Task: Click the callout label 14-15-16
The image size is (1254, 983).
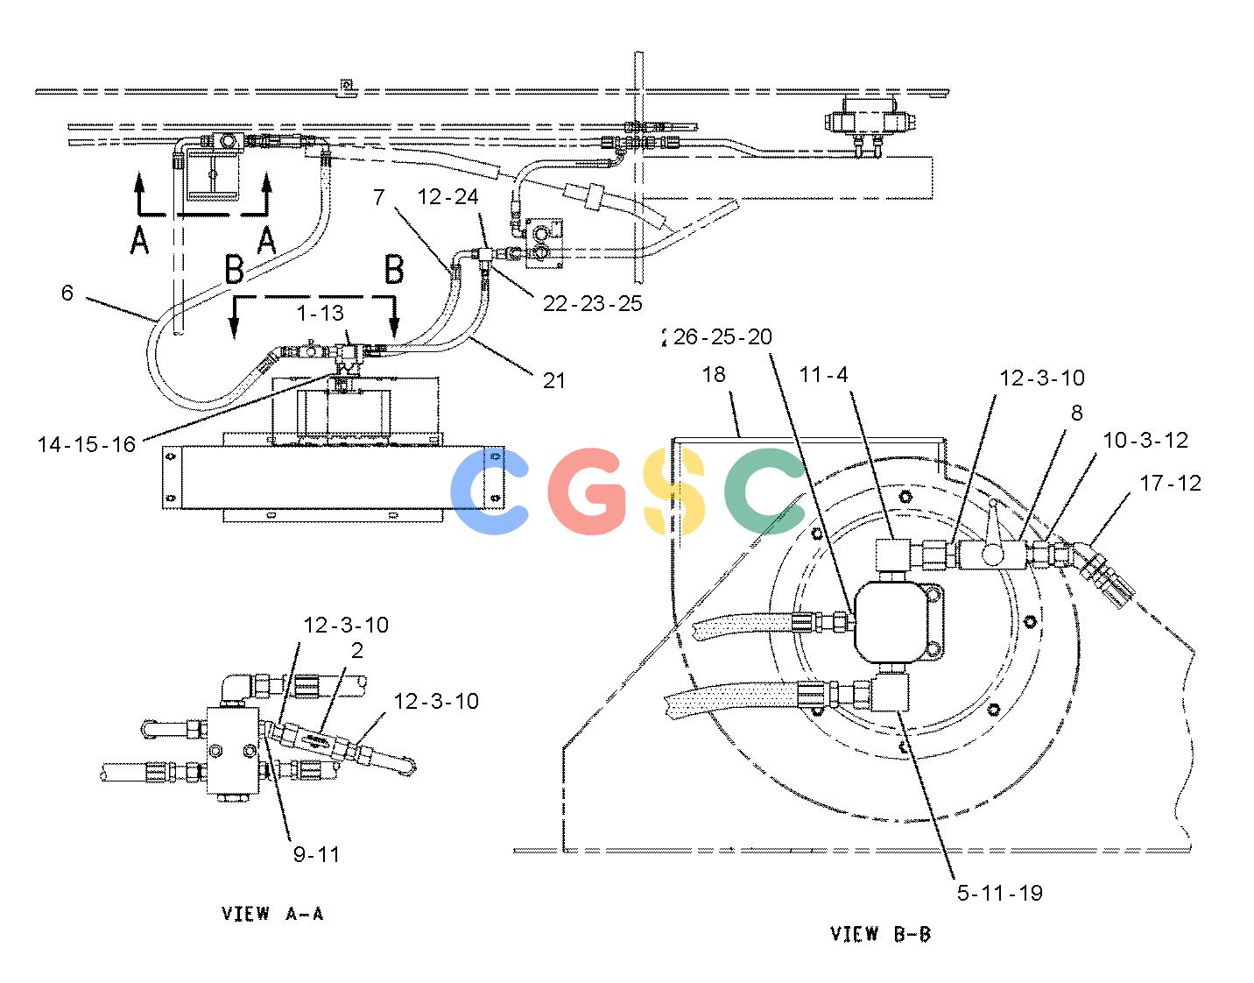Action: (87, 444)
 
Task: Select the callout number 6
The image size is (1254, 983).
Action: (67, 293)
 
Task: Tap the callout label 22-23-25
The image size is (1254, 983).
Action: (593, 303)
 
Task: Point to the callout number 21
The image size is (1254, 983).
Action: (554, 380)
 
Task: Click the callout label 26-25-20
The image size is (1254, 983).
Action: (722, 336)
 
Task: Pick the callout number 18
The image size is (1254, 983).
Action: (714, 375)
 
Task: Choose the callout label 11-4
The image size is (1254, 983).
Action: (823, 375)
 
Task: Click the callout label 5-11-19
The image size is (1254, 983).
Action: (1000, 893)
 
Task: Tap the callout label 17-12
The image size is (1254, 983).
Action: (1170, 483)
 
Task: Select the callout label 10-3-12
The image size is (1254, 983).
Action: (1145, 441)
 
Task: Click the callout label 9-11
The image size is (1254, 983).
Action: (317, 854)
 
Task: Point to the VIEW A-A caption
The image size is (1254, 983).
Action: (272, 914)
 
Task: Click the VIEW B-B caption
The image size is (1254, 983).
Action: (881, 934)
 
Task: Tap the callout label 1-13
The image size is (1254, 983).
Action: (321, 313)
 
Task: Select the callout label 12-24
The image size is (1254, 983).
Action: (447, 197)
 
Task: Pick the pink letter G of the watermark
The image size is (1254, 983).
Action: (587, 491)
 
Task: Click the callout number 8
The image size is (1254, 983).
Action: (1077, 413)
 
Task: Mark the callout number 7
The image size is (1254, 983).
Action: (378, 197)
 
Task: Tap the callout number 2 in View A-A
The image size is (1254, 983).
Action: (357, 651)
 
